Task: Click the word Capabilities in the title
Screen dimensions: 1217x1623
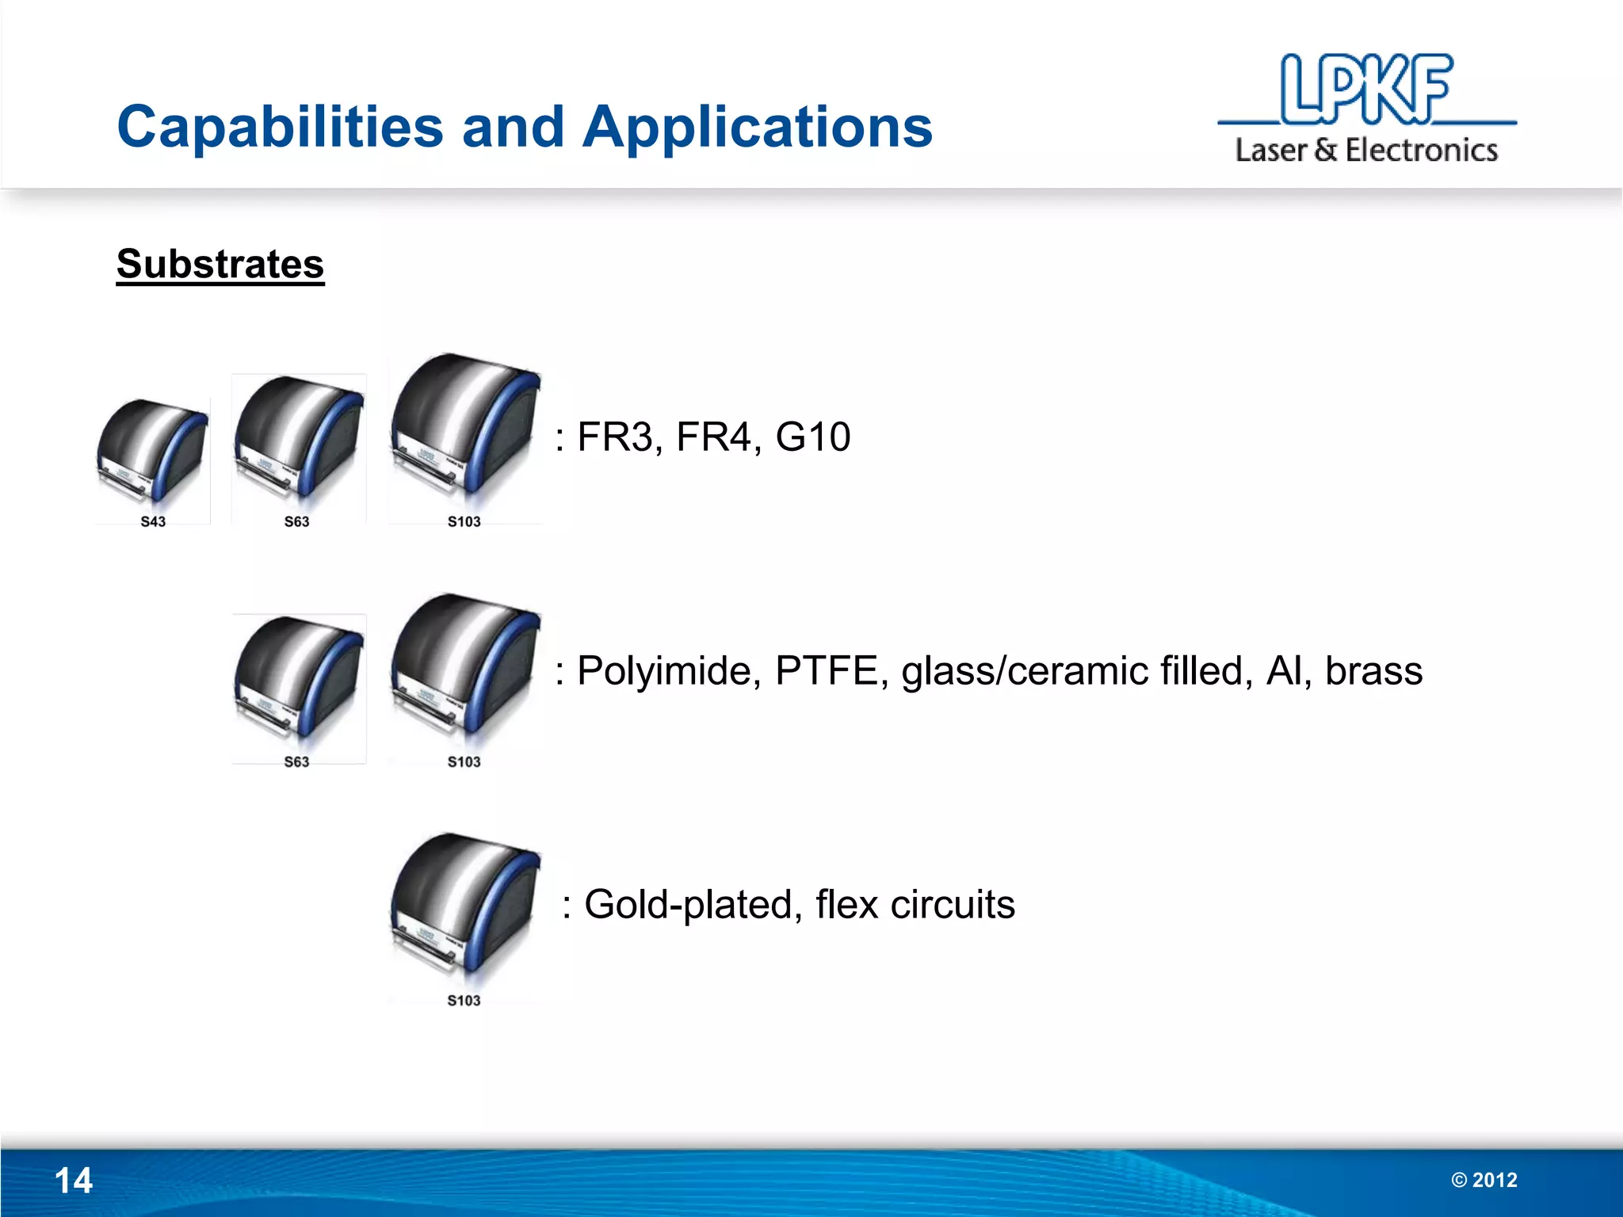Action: (280, 128)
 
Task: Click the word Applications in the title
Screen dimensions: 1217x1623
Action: (758, 128)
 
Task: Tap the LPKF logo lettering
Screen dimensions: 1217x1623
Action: (1366, 90)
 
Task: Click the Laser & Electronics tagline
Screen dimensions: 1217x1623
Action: (1366, 151)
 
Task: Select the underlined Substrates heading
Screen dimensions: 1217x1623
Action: (220, 264)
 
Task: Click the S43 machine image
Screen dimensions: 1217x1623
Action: (152, 452)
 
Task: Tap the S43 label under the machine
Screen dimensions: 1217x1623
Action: (153, 521)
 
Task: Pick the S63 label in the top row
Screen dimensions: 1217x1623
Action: (296, 521)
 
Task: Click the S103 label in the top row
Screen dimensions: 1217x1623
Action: (464, 521)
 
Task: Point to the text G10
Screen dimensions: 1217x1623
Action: (813, 437)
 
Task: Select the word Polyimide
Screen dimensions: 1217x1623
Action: (669, 672)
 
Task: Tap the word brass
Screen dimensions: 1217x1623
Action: (1373, 671)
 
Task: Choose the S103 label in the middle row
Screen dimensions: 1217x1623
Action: (464, 761)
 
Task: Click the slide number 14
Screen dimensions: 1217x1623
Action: (74, 1181)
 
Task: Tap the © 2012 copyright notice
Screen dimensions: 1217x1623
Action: (1484, 1180)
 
